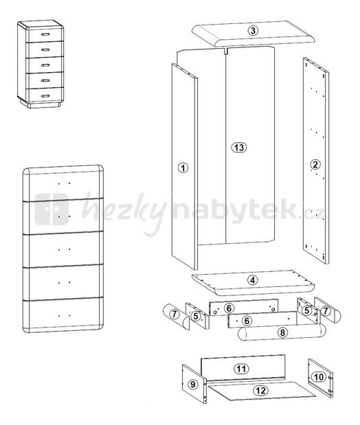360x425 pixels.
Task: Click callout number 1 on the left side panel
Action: click(x=183, y=168)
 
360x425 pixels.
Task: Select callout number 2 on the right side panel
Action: click(x=315, y=164)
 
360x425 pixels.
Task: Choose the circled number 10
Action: click(x=317, y=376)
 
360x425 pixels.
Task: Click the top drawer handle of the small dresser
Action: click(x=46, y=33)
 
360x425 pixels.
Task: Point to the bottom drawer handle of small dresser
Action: click(x=45, y=95)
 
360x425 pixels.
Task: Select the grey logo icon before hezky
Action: click(x=52, y=211)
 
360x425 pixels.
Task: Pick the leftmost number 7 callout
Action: click(x=175, y=314)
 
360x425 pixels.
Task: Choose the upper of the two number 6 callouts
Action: click(x=229, y=308)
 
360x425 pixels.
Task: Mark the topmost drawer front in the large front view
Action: click(x=63, y=183)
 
